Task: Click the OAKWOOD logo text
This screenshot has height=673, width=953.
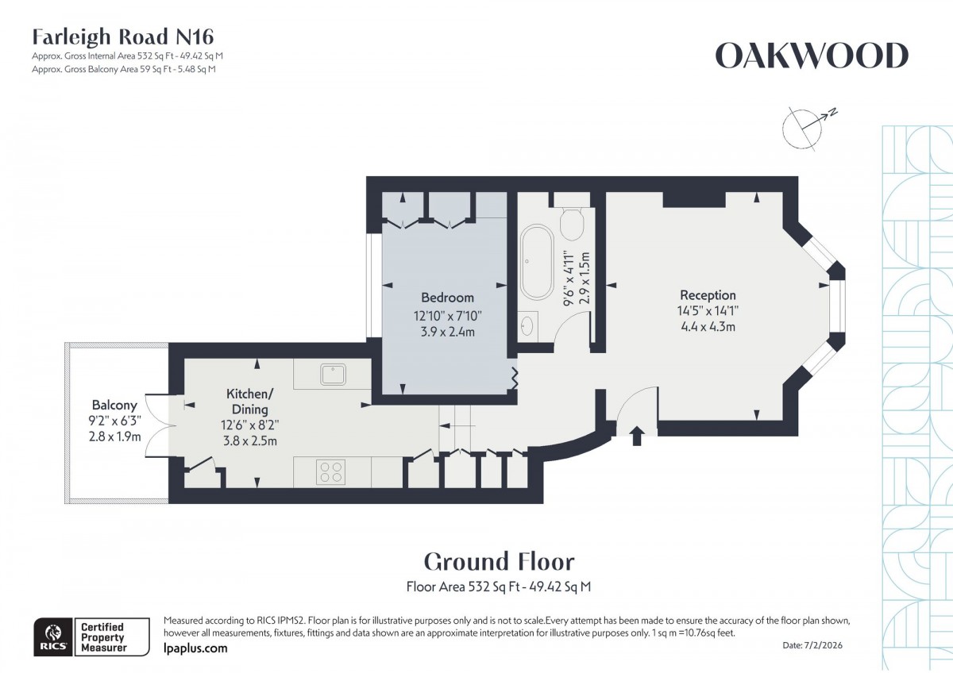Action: (x=811, y=56)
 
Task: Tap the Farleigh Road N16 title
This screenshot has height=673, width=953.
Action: (x=122, y=37)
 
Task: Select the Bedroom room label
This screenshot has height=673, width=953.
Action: (x=447, y=298)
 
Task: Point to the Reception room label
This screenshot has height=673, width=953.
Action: (x=708, y=295)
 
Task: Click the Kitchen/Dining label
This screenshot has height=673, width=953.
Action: (x=250, y=401)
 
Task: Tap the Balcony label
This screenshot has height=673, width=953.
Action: (x=114, y=405)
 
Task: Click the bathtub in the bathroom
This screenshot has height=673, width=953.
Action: (x=537, y=253)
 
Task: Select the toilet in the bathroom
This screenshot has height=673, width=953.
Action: (x=573, y=222)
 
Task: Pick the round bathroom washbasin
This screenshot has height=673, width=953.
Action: (x=527, y=324)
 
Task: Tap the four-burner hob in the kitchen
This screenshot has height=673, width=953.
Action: (x=331, y=471)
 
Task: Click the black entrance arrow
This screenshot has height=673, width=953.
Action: (x=636, y=436)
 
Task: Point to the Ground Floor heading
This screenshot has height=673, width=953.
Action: (x=499, y=561)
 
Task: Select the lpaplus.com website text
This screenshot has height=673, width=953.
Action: (x=195, y=648)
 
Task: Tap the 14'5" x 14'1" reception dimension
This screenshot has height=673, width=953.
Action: (x=708, y=311)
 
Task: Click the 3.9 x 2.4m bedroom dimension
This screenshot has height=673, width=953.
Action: (x=447, y=332)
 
